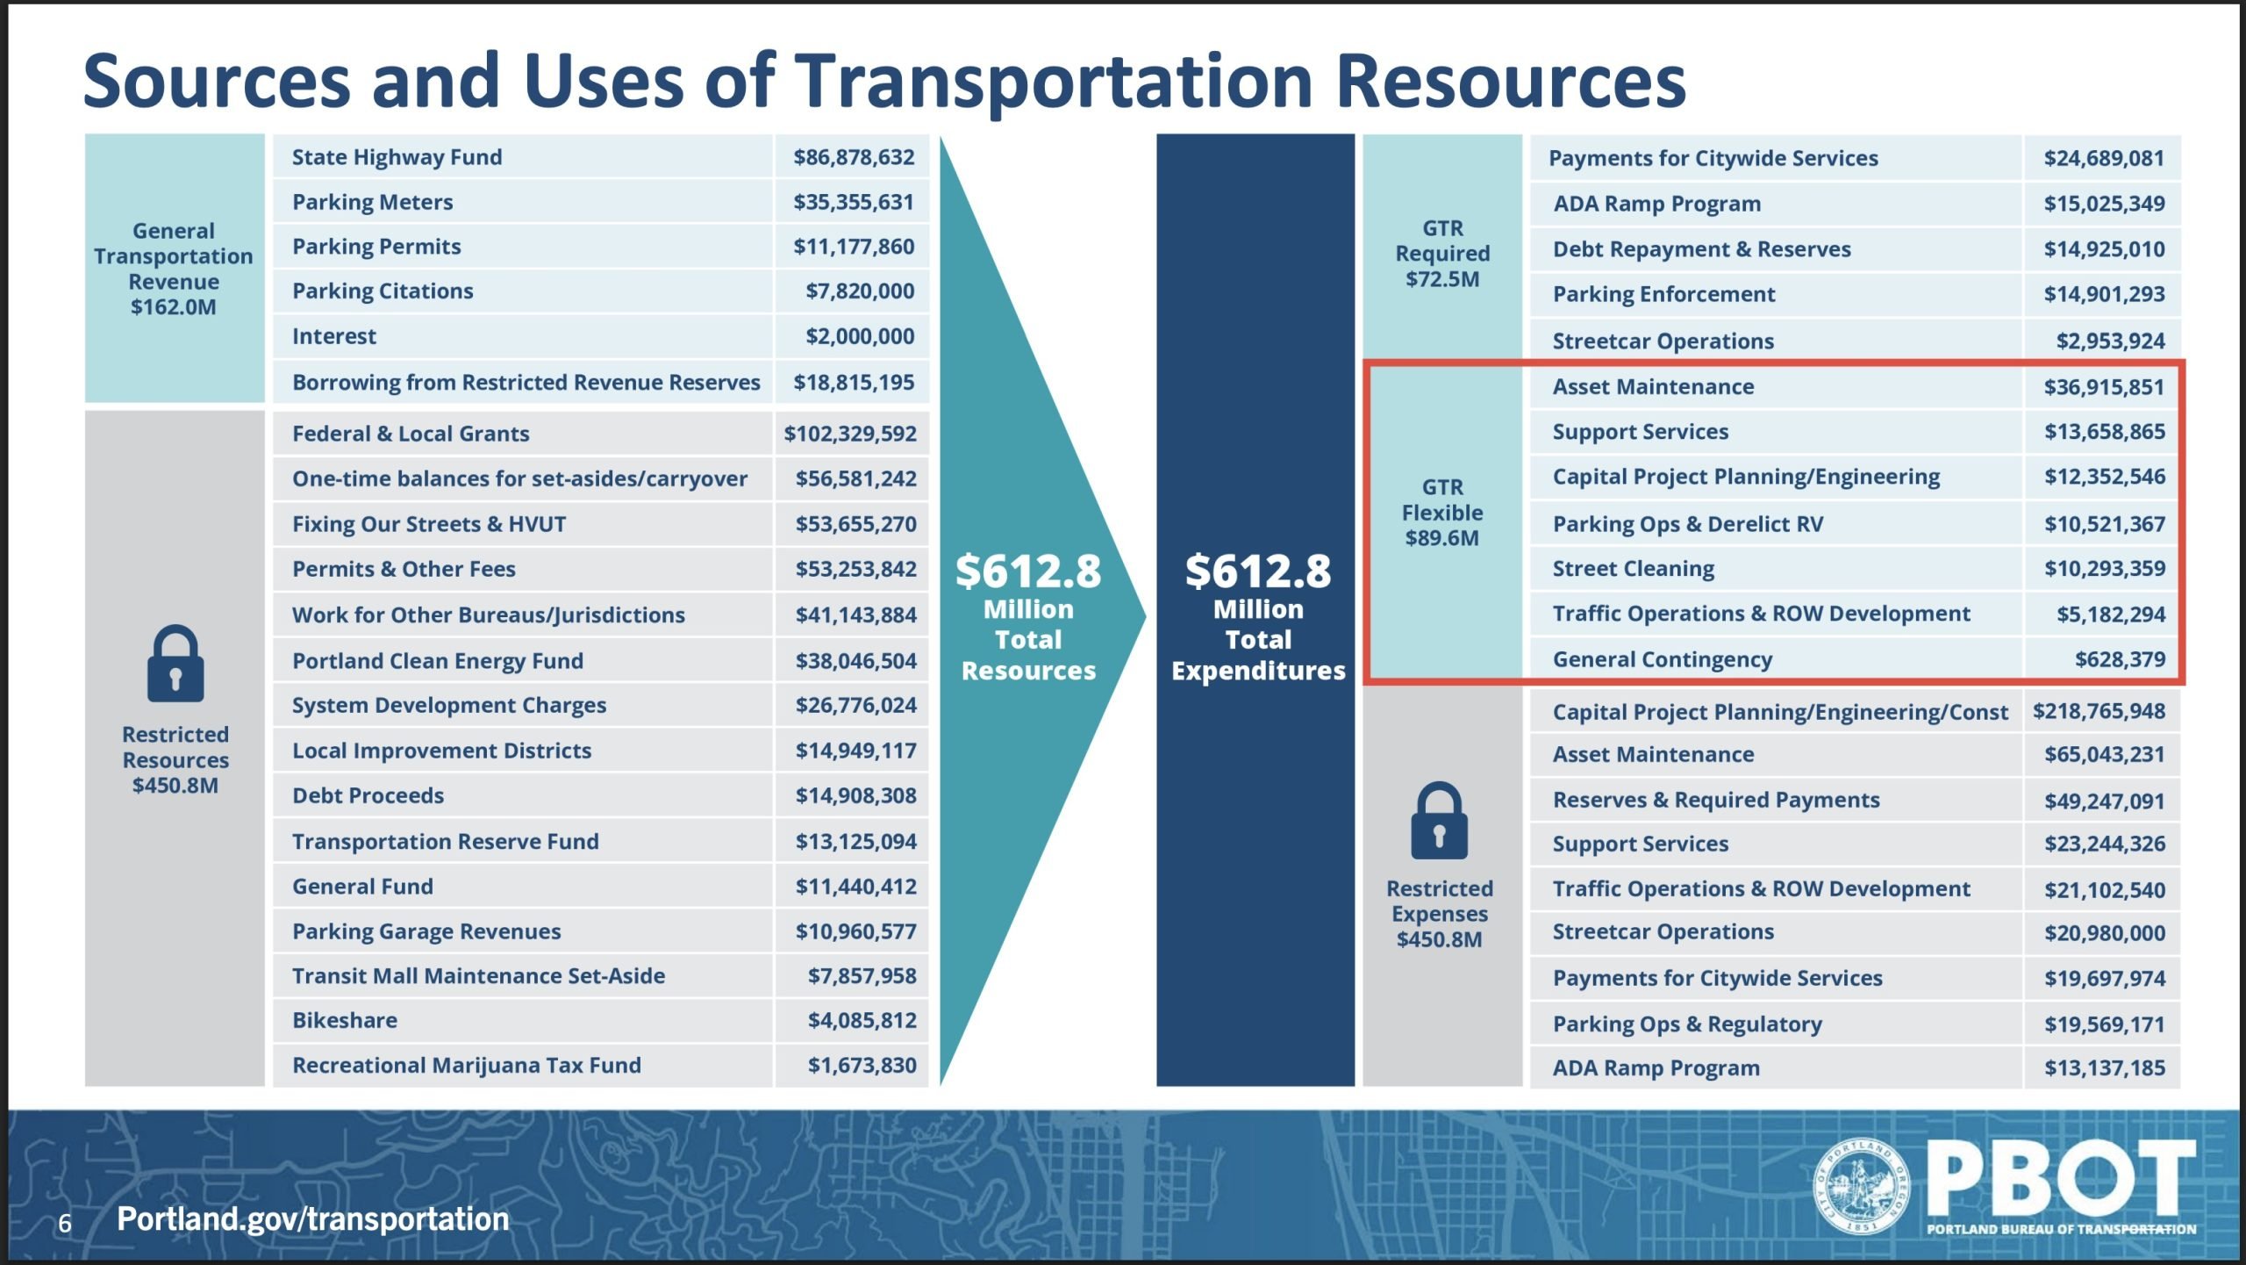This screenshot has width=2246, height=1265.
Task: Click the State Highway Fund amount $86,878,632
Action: pyautogui.click(x=854, y=157)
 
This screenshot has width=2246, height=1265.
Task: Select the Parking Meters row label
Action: pyautogui.click(x=372, y=202)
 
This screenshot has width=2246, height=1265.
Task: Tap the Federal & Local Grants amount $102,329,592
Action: pyautogui.click(x=850, y=434)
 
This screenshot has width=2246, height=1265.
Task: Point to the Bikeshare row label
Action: pyautogui.click(x=345, y=1020)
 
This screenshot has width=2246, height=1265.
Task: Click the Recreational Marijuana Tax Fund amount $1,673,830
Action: pyautogui.click(x=862, y=1065)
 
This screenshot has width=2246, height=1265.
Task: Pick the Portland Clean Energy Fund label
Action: pyautogui.click(x=438, y=660)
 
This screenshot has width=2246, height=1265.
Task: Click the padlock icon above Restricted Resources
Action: pyautogui.click(x=175, y=664)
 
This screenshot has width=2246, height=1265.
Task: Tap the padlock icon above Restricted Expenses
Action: pyautogui.click(x=1439, y=820)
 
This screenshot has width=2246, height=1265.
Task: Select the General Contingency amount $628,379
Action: pyautogui.click(x=2120, y=659)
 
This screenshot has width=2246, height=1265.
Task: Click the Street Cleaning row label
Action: pyautogui.click(x=1633, y=569)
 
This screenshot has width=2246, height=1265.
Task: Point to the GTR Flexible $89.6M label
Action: pyautogui.click(x=1442, y=513)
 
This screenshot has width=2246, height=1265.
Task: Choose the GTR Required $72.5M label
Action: pyautogui.click(x=1442, y=254)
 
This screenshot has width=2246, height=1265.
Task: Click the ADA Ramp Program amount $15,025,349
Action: pyautogui.click(x=2104, y=204)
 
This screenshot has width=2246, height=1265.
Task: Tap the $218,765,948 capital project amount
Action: pyautogui.click(x=2099, y=711)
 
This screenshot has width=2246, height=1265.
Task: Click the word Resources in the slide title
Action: pyautogui.click(x=1511, y=80)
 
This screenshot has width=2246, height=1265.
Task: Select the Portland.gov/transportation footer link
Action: pyautogui.click(x=313, y=1218)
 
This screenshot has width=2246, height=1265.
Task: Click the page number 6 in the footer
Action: pyautogui.click(x=65, y=1223)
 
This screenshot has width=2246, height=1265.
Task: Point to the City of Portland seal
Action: pyautogui.click(x=1860, y=1186)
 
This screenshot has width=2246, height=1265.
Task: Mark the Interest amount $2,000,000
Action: pyautogui.click(x=860, y=336)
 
